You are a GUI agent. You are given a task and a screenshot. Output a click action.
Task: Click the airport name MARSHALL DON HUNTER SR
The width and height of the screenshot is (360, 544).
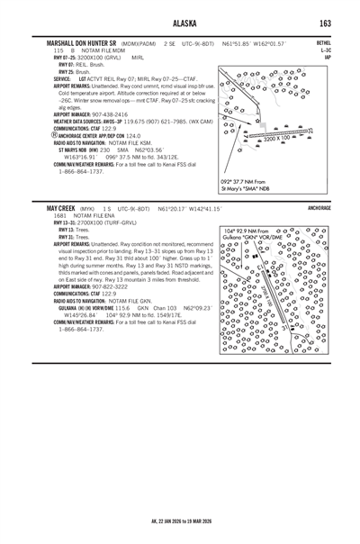(80, 43)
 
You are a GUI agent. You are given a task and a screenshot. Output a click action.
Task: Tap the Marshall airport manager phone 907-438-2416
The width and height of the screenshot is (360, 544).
(104, 114)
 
